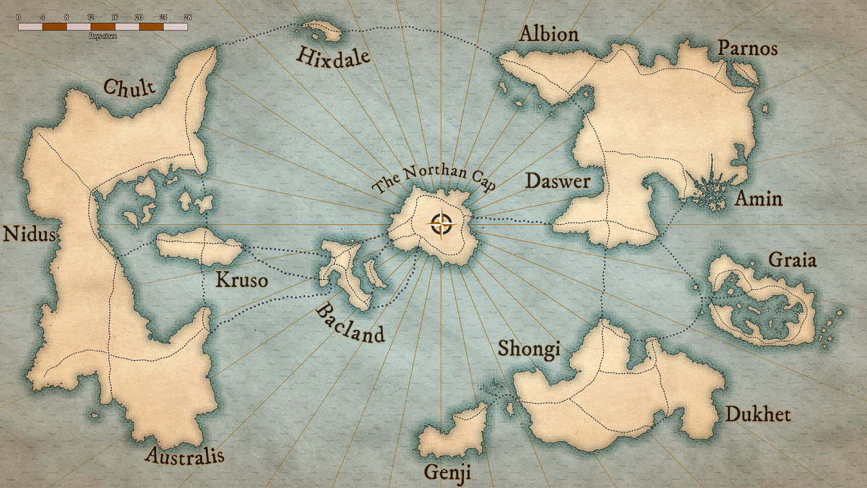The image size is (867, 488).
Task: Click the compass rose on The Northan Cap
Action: [x=441, y=225]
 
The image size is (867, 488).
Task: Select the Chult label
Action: [x=129, y=88]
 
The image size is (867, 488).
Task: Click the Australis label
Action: [x=184, y=455]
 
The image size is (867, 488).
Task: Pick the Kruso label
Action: [x=241, y=280]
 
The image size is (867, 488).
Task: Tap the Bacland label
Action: [x=350, y=323]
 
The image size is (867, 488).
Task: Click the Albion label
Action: [x=548, y=34]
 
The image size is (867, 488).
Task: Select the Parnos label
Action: [x=747, y=48]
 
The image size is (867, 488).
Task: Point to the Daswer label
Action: [x=557, y=181]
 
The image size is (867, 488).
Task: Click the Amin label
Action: [x=758, y=198]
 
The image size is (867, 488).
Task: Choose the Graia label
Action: [x=793, y=259]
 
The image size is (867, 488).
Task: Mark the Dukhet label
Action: [x=758, y=414]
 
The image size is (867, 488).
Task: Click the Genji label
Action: [x=447, y=473]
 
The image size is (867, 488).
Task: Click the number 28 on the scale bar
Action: [x=187, y=15]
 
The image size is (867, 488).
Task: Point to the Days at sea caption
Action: [x=103, y=35]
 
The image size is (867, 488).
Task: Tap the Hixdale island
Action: [x=322, y=30]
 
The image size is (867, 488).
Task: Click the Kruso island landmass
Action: [x=199, y=248]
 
